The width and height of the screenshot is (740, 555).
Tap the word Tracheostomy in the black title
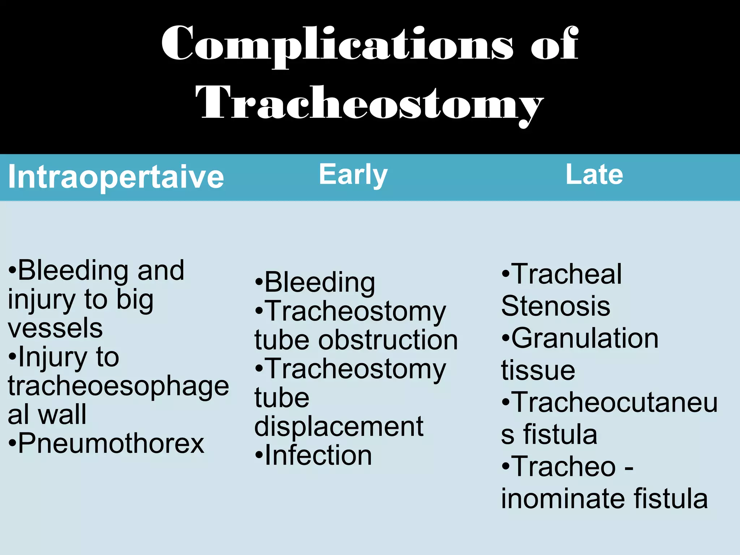[369, 103]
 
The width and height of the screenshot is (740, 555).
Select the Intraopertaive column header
[116, 177]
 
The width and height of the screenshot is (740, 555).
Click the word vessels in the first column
[55, 328]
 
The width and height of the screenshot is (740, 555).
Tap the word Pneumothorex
[111, 443]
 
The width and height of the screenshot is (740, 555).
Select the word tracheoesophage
[119, 386]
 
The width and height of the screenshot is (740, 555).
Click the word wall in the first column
[62, 414]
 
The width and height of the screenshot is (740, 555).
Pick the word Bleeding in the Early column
[320, 282]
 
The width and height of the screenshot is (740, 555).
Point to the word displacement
[339, 427]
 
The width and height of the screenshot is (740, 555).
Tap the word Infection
[318, 455]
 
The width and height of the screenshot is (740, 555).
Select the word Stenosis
[556, 306]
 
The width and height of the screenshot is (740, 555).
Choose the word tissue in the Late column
[538, 370]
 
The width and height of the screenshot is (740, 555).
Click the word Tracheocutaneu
[615, 402]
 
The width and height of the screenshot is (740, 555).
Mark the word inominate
[562, 499]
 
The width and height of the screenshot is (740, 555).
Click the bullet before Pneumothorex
[12, 443]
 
